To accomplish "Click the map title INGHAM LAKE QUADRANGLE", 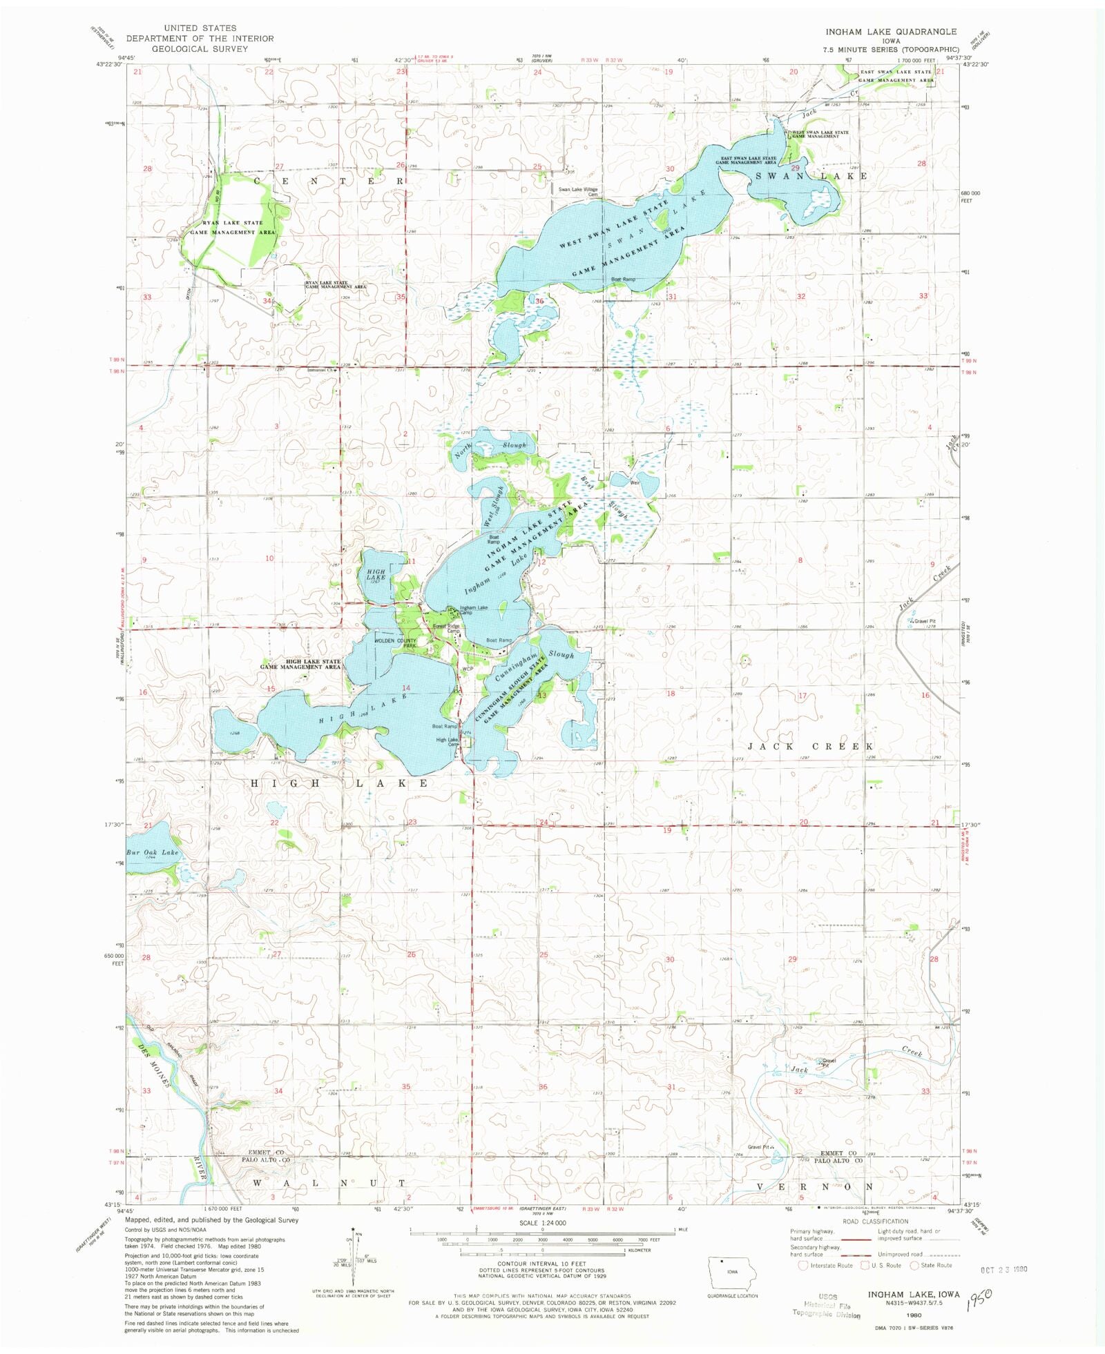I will (891, 32).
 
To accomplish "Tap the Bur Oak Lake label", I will (152, 852).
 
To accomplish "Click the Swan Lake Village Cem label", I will (578, 191).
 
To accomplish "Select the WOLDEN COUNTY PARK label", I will (396, 643).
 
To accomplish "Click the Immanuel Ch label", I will (320, 369).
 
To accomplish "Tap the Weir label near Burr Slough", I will (634, 482).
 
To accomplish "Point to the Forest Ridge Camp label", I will (446, 628).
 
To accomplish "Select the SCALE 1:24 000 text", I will (542, 1223).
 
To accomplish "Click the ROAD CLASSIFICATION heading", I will (875, 1221).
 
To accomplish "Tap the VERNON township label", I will (815, 1186).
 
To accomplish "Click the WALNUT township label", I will (328, 1183).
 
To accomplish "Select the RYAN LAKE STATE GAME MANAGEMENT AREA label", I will (232, 228).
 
